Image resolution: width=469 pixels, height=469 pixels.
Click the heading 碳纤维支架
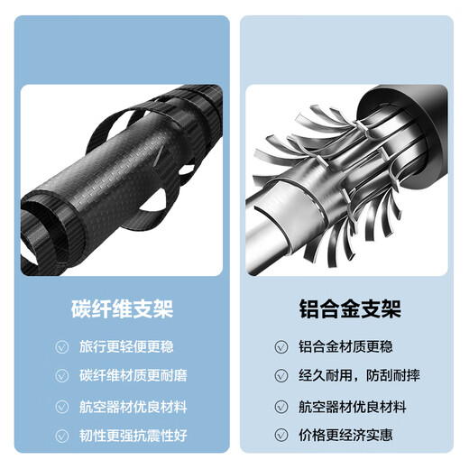[123, 308]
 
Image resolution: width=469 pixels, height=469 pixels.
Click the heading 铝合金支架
[350, 308]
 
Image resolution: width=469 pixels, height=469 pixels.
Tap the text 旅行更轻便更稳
[126, 346]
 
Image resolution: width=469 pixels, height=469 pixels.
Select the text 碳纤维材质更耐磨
[133, 375]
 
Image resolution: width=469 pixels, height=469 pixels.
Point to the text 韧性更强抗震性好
[133, 436]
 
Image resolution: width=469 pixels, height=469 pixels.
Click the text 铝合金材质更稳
[345, 346]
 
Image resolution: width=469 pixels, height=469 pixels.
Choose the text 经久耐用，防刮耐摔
[359, 375]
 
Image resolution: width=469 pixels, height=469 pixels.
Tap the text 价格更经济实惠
[345, 435]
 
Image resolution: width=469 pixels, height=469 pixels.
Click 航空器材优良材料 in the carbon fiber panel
[133, 407]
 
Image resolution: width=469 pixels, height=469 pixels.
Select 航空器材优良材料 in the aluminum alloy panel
[353, 407]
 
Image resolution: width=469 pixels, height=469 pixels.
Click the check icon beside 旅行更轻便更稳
[62, 346]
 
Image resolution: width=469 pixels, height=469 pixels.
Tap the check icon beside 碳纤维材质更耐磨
[62, 375]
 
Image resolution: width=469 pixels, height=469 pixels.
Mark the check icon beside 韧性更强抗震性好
[62, 436]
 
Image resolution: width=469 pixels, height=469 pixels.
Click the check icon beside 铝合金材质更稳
[281, 346]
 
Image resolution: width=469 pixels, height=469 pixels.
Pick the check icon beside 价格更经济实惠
[281, 435]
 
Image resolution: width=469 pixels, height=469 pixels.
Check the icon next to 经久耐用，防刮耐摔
[281, 375]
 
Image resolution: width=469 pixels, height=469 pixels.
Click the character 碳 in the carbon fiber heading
[81, 308]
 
